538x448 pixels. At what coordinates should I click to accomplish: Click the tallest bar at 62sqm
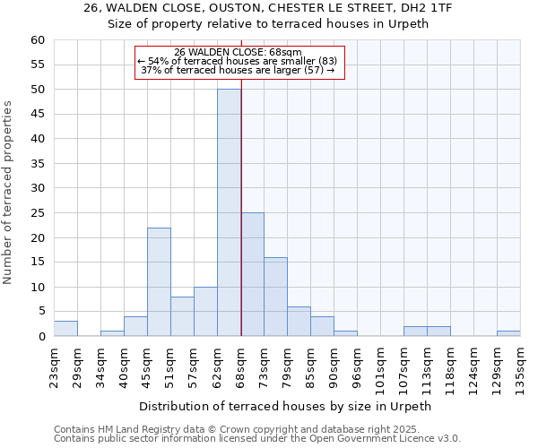pyautogui.click(x=229, y=212)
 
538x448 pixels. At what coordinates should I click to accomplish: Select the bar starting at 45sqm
pyautogui.click(x=159, y=282)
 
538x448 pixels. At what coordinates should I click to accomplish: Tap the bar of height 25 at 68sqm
pyautogui.click(x=253, y=274)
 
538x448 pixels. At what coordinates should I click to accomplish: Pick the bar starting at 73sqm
pyautogui.click(x=275, y=297)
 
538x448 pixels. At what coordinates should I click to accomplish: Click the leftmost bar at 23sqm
pyautogui.click(x=65, y=329)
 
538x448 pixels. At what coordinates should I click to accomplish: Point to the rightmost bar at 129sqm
pyautogui.click(x=508, y=333)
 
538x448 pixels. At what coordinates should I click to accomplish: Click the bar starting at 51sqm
pyautogui.click(x=182, y=316)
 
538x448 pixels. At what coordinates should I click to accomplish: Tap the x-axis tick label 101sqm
pyautogui.click(x=381, y=370)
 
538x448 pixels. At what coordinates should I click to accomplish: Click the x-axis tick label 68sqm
pyautogui.click(x=241, y=368)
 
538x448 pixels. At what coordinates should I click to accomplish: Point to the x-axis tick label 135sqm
pyautogui.click(x=521, y=370)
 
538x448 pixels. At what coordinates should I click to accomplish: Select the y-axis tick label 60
pyautogui.click(x=37, y=40)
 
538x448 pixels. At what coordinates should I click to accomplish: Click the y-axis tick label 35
pyautogui.click(x=37, y=164)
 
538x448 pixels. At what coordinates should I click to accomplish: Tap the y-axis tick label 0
pyautogui.click(x=40, y=337)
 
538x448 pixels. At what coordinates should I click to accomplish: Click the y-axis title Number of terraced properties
pyautogui.click(x=9, y=193)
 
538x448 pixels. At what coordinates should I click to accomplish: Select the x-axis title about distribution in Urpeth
pyautogui.click(x=285, y=406)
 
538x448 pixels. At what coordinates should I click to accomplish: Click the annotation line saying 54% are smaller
pyautogui.click(x=237, y=61)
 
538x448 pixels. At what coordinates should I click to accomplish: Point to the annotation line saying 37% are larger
pyautogui.click(x=238, y=70)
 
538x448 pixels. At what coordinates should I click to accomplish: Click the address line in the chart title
pyautogui.click(x=268, y=8)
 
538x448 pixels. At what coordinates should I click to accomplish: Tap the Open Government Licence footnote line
pyautogui.click(x=257, y=438)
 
